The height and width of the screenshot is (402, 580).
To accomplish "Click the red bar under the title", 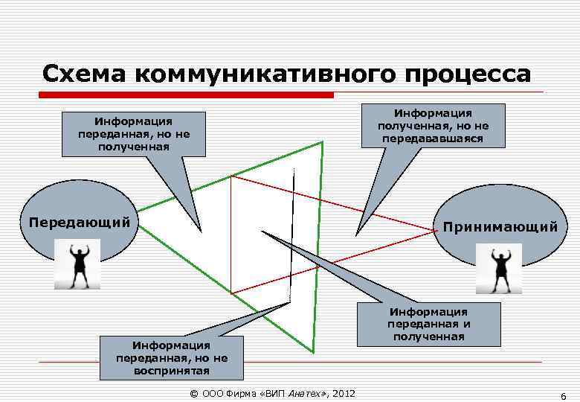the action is (x=186, y=95).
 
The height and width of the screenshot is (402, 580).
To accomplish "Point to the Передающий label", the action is (x=79, y=222).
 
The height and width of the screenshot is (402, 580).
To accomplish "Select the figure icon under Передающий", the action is (x=77, y=266).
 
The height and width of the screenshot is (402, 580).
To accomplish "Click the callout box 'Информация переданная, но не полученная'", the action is (x=133, y=134).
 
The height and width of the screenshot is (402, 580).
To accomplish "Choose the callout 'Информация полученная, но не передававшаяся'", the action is (x=433, y=126).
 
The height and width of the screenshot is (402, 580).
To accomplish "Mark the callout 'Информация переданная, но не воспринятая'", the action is (x=172, y=357).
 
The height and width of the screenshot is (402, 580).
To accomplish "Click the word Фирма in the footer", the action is (x=239, y=393).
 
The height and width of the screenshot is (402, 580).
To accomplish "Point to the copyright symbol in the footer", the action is (x=194, y=393).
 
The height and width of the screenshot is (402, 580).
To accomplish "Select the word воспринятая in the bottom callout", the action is (x=172, y=370).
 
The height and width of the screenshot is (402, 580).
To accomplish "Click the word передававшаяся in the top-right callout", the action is (x=433, y=138).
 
